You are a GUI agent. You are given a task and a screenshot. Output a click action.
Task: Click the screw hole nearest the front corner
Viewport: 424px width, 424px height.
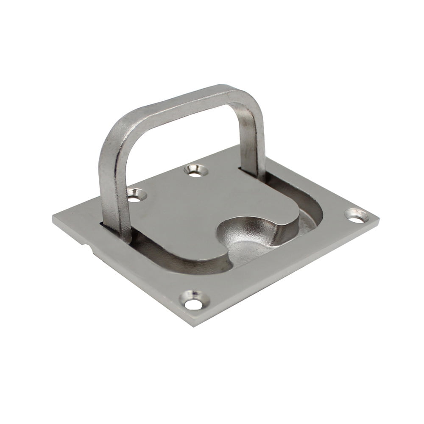[x=194, y=303]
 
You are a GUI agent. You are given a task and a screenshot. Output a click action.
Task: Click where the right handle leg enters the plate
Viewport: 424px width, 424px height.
[x=254, y=172]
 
